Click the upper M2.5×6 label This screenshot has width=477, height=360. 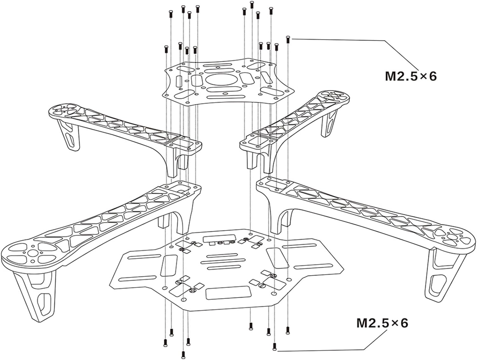pos(411,76)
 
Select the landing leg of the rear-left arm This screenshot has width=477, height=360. pos(68,135)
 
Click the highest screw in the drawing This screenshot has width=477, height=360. pos(252,5)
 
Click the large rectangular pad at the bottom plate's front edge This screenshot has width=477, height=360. pos(228,293)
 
